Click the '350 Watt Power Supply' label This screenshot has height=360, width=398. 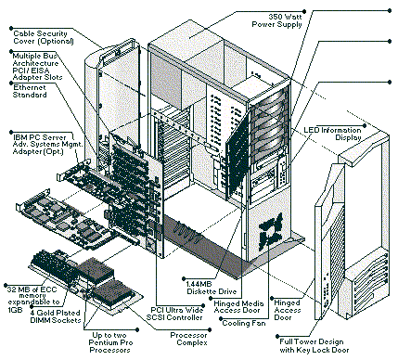coord(276,20)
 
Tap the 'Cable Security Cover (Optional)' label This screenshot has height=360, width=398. coord(44,37)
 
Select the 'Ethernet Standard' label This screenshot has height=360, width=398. coord(30,91)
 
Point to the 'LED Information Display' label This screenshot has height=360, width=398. coord(332,134)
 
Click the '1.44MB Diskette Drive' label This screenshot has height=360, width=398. coord(212,288)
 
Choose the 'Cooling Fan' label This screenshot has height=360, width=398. coord(244,323)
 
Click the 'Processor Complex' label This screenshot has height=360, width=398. coord(188,339)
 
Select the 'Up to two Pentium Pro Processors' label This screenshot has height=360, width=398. coord(110,342)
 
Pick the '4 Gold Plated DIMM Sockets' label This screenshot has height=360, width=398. coord(56,316)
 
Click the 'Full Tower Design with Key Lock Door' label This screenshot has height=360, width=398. coord(315,346)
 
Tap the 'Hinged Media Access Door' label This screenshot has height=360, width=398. coord(238,306)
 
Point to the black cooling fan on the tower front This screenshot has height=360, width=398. coord(271,229)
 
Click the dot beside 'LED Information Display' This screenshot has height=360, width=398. coord(365,126)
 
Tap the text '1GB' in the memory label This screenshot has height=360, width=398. coord(15,310)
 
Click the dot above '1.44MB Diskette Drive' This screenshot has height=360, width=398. coord(184,279)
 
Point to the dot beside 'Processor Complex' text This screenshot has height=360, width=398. coord(210,330)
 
